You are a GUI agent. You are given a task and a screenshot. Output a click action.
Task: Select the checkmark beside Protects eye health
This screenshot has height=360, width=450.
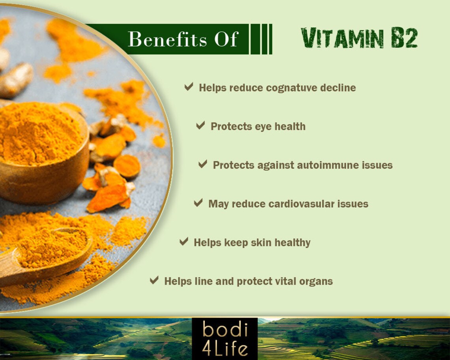click(x=201, y=126)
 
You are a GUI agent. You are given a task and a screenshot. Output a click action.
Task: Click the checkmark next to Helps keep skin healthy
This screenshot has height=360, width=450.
click(x=184, y=242)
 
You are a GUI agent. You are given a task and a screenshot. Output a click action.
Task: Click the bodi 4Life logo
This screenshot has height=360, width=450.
click(x=225, y=339)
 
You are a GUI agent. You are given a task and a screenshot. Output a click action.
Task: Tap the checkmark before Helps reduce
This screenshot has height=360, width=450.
click(x=189, y=87)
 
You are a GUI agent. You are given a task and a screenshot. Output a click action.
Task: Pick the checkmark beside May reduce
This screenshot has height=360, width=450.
click(x=198, y=203)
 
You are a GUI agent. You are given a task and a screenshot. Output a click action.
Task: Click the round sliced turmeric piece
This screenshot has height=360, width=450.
click(x=127, y=166)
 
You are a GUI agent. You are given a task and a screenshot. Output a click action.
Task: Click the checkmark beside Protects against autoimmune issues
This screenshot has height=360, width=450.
click(x=203, y=164)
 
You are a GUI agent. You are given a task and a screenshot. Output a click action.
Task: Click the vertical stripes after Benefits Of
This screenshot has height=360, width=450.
click(x=261, y=39)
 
